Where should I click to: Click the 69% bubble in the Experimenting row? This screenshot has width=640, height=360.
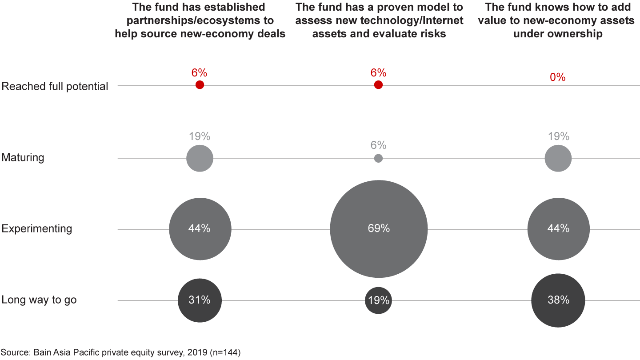pyautogui.click(x=379, y=229)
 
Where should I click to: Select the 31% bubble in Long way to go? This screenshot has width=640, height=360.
pyautogui.click(x=200, y=300)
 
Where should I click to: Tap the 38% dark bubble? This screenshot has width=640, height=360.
pyautogui.click(x=558, y=300)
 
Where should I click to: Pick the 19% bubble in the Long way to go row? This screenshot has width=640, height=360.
pyautogui.click(x=378, y=300)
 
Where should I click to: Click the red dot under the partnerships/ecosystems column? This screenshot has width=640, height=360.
pyautogui.click(x=200, y=85)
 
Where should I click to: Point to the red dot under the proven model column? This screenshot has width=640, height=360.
pyautogui.click(x=378, y=85)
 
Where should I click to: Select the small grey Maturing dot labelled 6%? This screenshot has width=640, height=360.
pyautogui.click(x=378, y=158)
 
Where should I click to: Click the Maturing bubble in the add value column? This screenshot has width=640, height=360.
pyautogui.click(x=558, y=158)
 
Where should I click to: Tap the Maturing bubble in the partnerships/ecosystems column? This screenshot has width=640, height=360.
pyautogui.click(x=200, y=158)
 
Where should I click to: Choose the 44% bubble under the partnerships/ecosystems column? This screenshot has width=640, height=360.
pyautogui.click(x=200, y=229)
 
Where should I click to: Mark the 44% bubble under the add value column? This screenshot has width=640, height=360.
pyautogui.click(x=558, y=229)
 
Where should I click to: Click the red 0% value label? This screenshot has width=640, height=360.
pyautogui.click(x=558, y=77)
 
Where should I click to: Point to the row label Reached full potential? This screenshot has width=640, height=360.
pyautogui.click(x=55, y=86)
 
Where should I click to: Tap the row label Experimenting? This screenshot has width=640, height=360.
pyautogui.click(x=37, y=229)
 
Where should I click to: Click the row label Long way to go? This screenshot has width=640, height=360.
pyautogui.click(x=39, y=300)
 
